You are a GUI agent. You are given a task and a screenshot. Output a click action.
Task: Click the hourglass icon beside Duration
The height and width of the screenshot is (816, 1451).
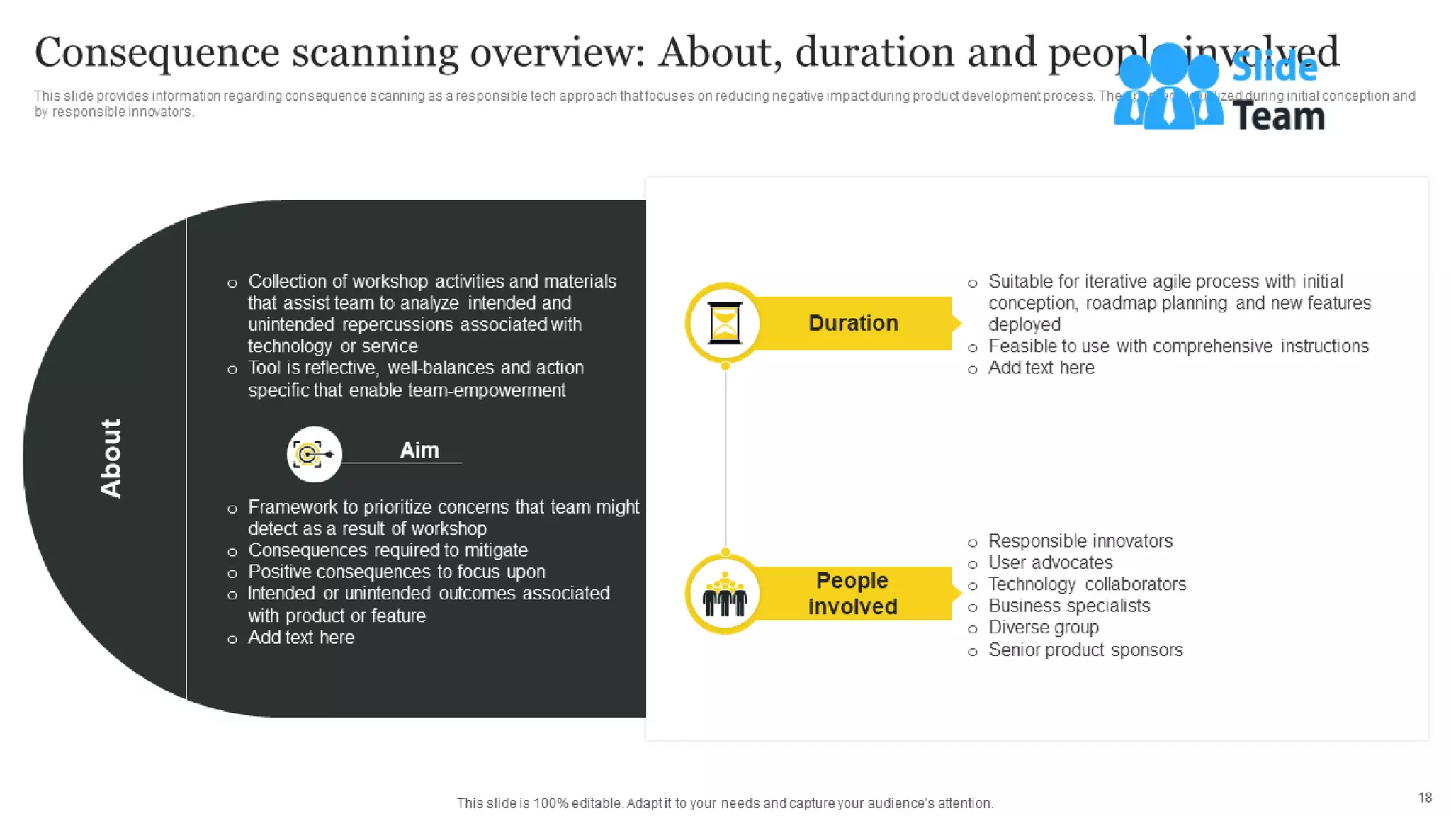click(724, 323)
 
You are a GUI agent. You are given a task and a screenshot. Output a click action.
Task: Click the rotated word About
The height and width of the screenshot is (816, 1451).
click(111, 458)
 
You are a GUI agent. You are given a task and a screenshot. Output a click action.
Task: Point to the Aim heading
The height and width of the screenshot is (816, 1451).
click(419, 450)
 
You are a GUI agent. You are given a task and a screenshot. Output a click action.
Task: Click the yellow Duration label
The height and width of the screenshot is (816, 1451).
click(853, 323)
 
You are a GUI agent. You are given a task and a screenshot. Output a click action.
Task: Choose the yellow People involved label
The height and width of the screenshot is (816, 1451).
click(852, 594)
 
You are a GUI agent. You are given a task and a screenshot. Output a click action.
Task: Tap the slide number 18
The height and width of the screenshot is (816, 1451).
click(1425, 798)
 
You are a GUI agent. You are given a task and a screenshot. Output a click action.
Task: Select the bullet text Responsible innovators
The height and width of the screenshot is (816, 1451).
click(1080, 541)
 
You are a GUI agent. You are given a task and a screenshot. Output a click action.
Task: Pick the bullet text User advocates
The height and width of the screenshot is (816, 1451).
click(1050, 563)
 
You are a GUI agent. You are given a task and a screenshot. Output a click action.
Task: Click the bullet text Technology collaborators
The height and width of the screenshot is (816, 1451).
click(1087, 584)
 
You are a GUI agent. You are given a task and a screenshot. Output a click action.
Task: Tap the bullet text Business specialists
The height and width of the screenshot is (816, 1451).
click(1068, 606)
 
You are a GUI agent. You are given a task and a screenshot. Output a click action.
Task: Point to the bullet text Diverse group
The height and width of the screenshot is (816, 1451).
click(1043, 628)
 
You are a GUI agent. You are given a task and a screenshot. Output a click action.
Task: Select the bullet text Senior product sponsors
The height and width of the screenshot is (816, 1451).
click(1085, 650)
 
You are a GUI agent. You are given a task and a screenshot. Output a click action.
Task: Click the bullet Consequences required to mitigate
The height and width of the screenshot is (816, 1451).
click(388, 550)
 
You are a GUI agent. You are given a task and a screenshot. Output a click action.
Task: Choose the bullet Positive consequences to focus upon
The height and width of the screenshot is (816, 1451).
click(396, 572)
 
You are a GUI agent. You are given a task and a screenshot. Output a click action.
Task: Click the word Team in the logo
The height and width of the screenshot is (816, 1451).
click(1279, 117)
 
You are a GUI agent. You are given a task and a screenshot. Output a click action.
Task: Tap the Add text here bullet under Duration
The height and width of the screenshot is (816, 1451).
click(1041, 368)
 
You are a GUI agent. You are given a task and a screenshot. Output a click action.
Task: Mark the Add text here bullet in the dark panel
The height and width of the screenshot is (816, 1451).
click(301, 637)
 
